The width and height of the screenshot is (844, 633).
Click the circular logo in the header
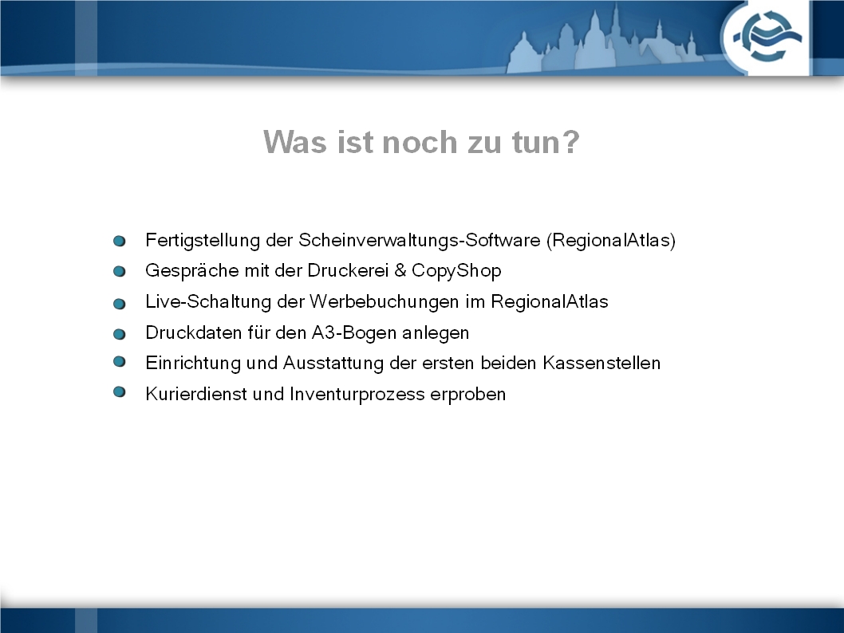point(767,37)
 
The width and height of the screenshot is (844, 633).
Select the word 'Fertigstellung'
point(203,241)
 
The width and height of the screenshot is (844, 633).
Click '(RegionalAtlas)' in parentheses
point(611,240)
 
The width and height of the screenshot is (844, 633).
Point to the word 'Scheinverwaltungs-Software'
point(420,240)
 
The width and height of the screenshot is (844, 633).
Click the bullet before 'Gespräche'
point(120,272)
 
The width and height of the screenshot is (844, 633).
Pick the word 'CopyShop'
point(456,271)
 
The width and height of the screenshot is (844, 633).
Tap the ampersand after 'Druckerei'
point(400,270)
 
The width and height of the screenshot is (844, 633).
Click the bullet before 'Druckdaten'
point(120,335)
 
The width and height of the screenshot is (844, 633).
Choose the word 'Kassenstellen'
point(601,363)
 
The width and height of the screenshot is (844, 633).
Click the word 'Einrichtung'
point(193,364)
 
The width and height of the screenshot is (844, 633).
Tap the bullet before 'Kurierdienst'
point(120,392)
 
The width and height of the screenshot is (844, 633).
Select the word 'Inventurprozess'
point(357,394)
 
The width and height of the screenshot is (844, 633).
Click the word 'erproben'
point(467,395)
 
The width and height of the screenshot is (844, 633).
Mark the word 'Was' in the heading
point(295,142)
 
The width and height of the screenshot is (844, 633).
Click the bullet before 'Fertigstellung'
point(120,241)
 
